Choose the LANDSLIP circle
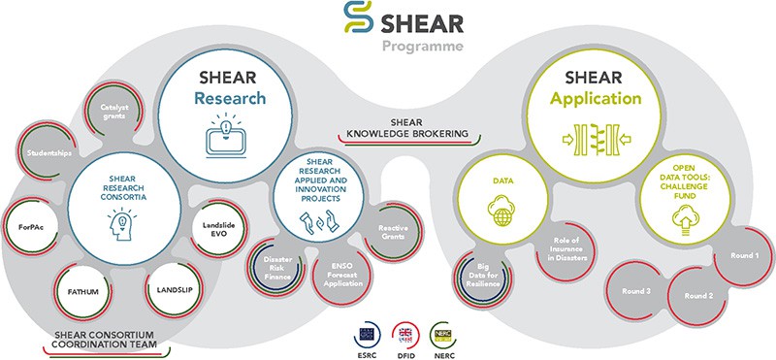tap(172, 287)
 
